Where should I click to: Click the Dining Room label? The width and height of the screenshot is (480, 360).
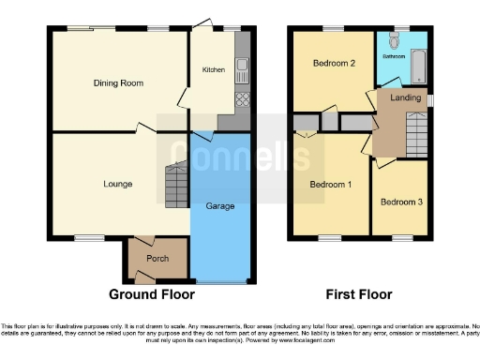coord(118,83)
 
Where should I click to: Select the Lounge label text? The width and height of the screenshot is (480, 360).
coord(117,184)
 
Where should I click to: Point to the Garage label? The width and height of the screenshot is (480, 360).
coord(221,204)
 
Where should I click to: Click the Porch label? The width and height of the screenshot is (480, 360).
coord(157,257)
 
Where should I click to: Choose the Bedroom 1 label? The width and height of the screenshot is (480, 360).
coord(331,184)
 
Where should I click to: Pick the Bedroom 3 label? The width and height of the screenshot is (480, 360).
coord(400,202)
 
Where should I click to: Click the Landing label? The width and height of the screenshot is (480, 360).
coord(405,97)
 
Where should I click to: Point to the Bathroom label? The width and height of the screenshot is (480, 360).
coord(394,56)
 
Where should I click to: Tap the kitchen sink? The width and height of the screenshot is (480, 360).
coord(241,66)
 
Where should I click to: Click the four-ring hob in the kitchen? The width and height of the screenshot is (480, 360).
coord(241,97)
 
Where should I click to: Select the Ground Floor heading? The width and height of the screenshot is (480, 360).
coord(152,294)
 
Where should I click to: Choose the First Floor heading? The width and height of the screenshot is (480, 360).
coord(359,294)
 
